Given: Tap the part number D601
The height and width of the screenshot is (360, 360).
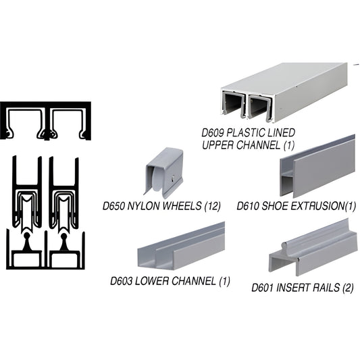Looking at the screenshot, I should (265, 287).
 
